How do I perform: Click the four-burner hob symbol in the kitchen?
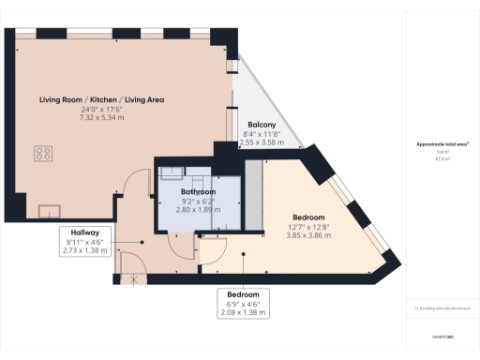coord(44,152)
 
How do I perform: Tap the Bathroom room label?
coord(199,193)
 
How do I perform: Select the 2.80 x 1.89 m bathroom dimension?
coord(199,209)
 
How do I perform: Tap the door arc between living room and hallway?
coord(139,182)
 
